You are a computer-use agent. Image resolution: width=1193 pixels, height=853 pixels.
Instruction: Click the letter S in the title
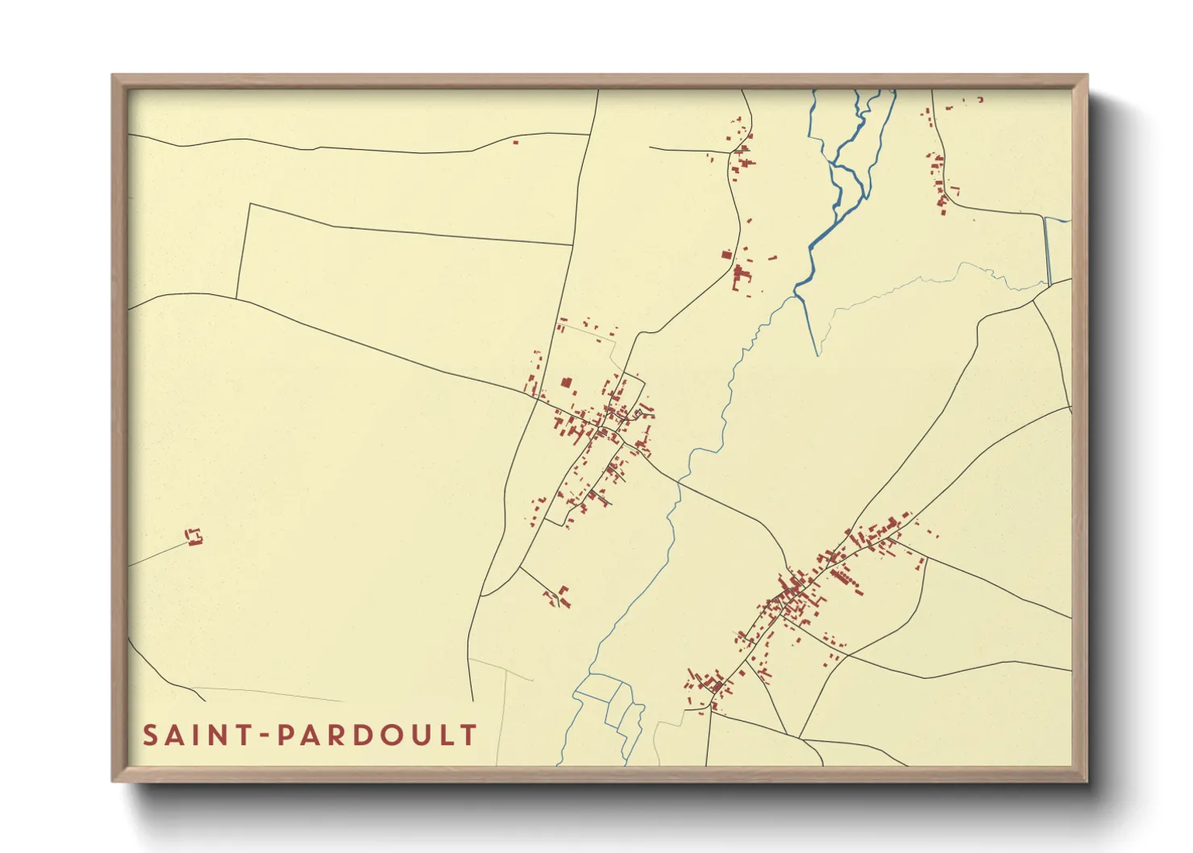coord(151,735)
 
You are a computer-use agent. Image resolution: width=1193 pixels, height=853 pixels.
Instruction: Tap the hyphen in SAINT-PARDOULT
coord(260,735)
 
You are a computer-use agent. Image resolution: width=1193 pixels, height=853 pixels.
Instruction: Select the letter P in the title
coord(286,735)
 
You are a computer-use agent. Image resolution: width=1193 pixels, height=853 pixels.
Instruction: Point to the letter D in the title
coord(363,735)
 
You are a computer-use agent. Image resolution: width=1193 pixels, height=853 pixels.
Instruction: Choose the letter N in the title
coord(213,735)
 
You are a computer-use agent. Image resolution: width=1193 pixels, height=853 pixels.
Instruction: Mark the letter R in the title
coord(337,735)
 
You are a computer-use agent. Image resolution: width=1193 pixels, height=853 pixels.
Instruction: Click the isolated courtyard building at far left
coord(193,537)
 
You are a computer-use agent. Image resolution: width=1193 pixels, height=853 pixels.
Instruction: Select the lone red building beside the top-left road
coord(515,143)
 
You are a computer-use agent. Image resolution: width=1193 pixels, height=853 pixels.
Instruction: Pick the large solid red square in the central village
coord(566,382)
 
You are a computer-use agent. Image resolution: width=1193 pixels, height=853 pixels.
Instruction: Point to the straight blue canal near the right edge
coord(1047,250)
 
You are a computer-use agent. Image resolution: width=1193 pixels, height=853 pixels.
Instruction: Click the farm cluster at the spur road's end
coord(558,597)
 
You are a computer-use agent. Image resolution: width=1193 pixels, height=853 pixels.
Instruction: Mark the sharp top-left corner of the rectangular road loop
coord(249,205)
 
